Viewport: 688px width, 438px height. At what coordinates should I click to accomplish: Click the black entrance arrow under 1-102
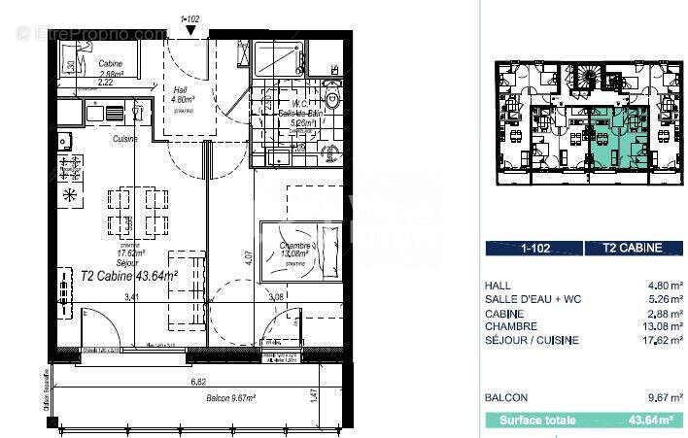coord(190,30)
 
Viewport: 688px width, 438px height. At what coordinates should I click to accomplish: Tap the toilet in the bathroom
coord(332,100)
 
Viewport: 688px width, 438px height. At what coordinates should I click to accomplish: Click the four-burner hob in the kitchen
coord(69,167)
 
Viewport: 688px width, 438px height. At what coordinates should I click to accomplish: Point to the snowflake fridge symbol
coord(69,195)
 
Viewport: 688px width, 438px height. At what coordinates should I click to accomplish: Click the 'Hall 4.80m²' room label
coord(185,93)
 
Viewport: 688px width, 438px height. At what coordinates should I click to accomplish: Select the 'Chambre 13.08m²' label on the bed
coord(296,252)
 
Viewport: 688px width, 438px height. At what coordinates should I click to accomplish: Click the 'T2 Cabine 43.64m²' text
coord(128,276)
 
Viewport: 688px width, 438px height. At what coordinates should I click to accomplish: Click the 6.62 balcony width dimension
coord(198,383)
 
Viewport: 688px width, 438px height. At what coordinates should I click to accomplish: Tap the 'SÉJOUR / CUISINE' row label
coord(531,341)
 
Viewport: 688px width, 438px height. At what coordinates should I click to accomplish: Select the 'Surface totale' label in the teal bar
coord(536,421)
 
